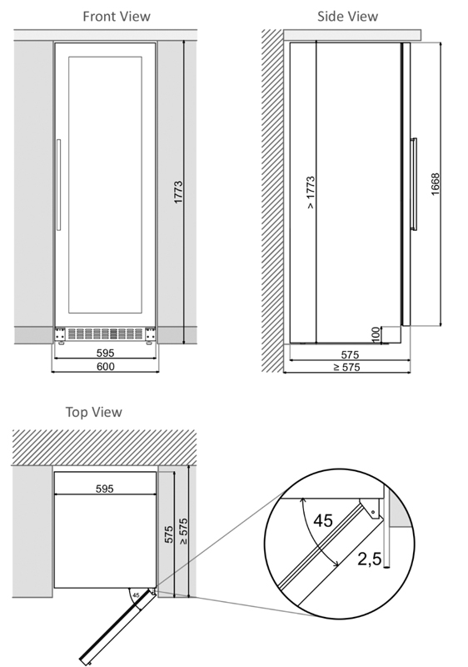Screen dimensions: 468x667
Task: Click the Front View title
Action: [x=117, y=16]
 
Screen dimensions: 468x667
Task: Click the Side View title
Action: [x=347, y=16]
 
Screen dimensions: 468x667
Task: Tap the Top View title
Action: [x=93, y=412]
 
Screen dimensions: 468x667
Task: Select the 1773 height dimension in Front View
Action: [x=178, y=192]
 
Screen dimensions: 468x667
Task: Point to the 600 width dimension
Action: [x=105, y=366]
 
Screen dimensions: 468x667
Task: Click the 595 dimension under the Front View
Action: [x=105, y=353]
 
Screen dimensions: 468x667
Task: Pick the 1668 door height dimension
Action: [x=436, y=184]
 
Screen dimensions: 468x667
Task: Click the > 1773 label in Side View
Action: [x=311, y=193]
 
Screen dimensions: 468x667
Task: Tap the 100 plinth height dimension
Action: [x=376, y=335]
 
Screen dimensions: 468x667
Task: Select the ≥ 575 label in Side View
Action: [x=346, y=367]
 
